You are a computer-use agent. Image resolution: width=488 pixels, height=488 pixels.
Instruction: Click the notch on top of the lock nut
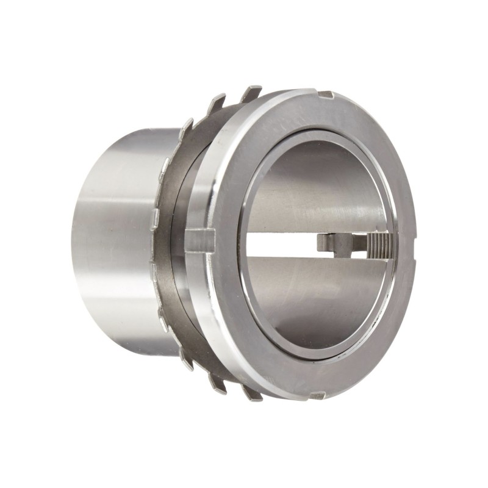coord(326,95)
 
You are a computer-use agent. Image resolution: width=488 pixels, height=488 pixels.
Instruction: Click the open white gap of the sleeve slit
coord(281,244)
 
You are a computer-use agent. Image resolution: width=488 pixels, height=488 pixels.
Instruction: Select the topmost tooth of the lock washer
coord(251,93)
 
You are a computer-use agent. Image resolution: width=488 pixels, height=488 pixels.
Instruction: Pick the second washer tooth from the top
coord(218,103)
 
